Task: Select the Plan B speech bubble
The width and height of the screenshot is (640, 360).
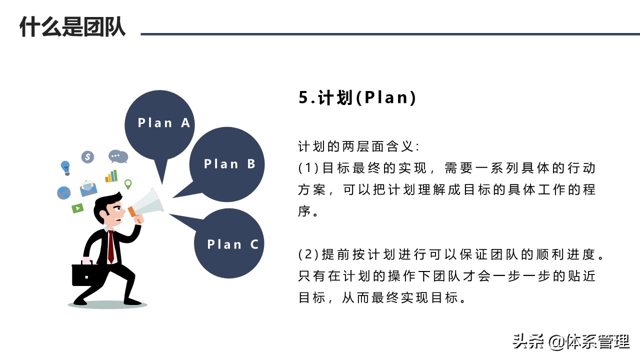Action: (x=227, y=163)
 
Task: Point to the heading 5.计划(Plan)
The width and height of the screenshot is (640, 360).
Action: (x=357, y=97)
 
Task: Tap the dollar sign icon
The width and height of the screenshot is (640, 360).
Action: (x=88, y=157)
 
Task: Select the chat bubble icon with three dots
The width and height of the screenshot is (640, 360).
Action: (x=117, y=156)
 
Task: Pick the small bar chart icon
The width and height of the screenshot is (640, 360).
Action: (x=111, y=176)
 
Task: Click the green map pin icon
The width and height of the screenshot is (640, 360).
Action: (x=128, y=184)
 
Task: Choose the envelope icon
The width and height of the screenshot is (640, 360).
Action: (x=88, y=188)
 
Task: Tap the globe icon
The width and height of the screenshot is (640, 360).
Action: (x=64, y=193)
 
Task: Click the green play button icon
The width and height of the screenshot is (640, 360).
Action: (x=77, y=208)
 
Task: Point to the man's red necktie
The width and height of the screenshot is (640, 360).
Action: (x=110, y=245)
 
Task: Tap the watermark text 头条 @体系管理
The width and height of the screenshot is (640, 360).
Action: (x=570, y=342)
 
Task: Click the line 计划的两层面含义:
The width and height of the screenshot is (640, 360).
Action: (x=359, y=147)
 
